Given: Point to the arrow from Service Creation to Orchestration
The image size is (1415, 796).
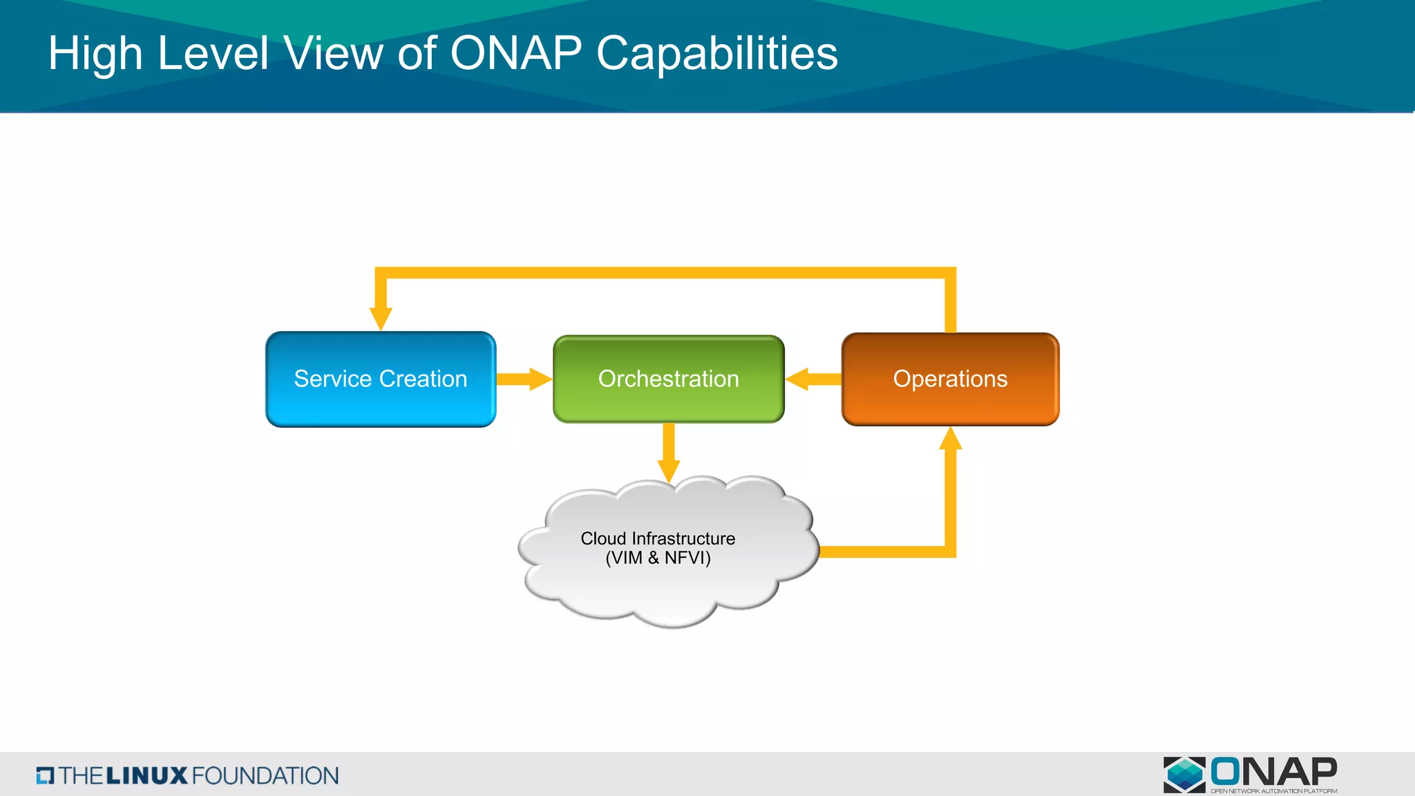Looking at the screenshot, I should [524, 379].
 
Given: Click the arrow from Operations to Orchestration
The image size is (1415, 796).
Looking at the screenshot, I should [813, 379].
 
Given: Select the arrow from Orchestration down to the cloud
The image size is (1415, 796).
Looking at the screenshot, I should [668, 453].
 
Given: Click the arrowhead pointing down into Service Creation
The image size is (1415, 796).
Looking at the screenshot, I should [381, 318].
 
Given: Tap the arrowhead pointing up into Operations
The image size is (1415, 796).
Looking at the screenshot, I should [951, 439].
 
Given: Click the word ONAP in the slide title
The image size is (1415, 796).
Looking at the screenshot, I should [516, 53].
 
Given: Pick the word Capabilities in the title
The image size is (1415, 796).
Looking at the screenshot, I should [716, 53].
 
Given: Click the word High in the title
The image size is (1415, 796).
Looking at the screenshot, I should [95, 53].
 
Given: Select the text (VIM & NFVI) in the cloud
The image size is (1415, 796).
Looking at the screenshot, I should [658, 558].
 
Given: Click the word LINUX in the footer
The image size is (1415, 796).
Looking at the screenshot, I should [146, 775].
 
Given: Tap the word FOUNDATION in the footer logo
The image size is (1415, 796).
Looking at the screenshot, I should [265, 775].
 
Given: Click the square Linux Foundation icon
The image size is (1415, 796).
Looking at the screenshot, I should [45, 775].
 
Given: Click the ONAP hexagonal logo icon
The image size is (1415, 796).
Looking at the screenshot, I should [1184, 774].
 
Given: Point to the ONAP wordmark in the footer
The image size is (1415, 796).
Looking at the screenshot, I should [1273, 771].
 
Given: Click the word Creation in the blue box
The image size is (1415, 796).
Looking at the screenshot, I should [423, 379].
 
